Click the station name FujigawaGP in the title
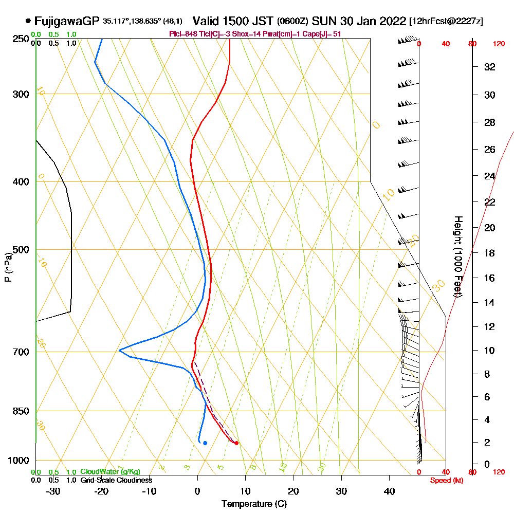67,21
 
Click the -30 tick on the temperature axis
53,491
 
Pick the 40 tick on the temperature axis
390,491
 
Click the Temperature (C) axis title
254,504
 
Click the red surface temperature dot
236,443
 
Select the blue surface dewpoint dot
205,443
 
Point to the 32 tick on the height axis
489,67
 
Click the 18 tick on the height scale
489,253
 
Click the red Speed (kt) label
445,481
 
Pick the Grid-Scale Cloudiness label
116,480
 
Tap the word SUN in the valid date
324,21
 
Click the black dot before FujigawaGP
27,21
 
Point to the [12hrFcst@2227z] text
446,22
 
